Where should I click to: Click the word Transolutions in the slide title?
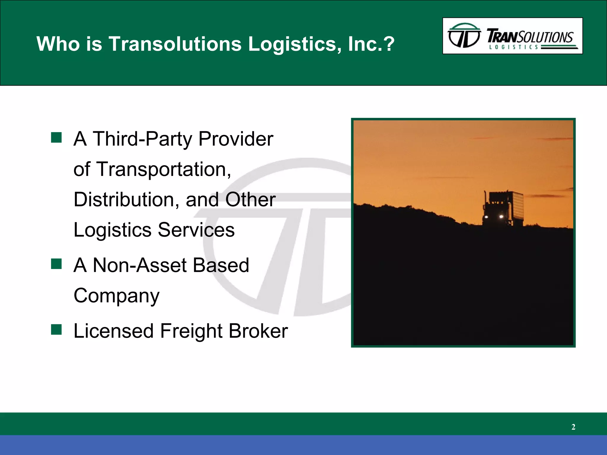point(175,44)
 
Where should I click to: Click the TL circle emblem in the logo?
point(464,36)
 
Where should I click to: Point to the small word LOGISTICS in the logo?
point(513,47)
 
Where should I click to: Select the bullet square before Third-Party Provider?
point(56,137)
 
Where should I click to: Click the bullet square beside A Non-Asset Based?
point(56,264)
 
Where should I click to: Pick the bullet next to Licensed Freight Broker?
point(56,329)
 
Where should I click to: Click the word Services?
point(196,230)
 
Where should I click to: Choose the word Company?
point(116,296)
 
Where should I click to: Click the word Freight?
point(191,331)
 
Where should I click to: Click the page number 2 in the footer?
point(573,427)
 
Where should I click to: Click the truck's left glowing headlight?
point(486,217)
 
